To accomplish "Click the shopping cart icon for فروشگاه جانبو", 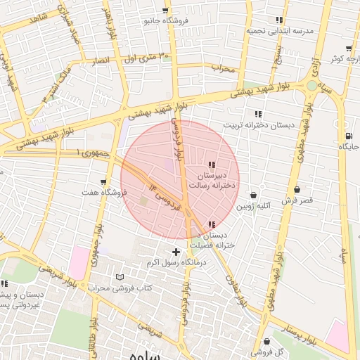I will click(165, 11).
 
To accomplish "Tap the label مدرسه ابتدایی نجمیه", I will click(278, 31).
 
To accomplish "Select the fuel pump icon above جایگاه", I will click(349, 136).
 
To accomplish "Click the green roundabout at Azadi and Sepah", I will click(311, 85).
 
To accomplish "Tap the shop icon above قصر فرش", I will click(297, 190).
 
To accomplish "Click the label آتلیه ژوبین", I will click(253, 206).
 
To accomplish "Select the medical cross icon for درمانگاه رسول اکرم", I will click(176, 252).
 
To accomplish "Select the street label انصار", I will click(103, 62).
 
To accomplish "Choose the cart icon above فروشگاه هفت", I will click(104, 182).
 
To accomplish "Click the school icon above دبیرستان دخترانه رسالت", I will click(212, 165).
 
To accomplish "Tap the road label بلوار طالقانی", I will click(93, 330).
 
